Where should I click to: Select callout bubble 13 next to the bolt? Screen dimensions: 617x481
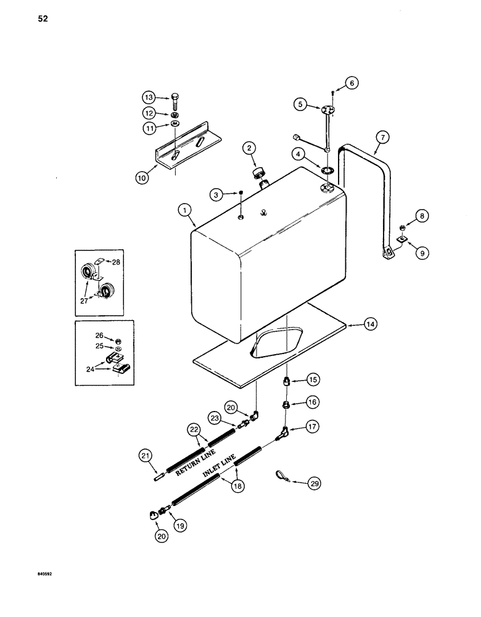pos(149,97)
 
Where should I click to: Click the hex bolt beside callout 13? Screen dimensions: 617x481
pos(175,99)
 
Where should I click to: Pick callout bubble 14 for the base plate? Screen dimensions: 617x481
pos(369,324)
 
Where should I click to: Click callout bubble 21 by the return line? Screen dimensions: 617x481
pos(145,455)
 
